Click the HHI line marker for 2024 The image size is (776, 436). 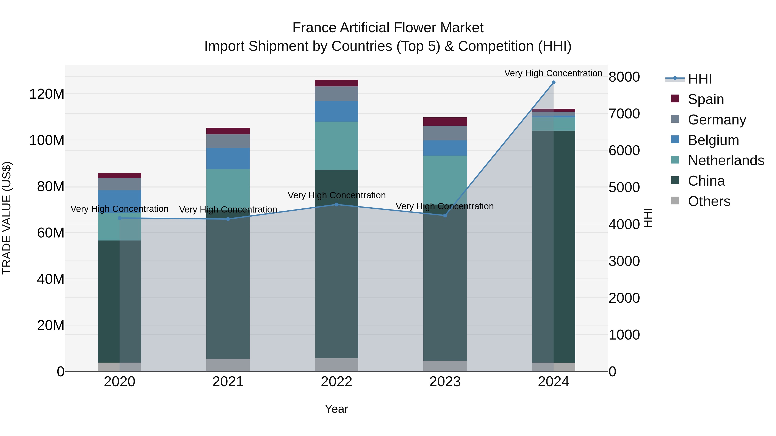[553, 82]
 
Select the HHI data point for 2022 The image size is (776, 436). [336, 205]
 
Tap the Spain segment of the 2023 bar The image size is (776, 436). [445, 122]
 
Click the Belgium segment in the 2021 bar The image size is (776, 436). [228, 158]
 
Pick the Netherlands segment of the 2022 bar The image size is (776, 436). [336, 146]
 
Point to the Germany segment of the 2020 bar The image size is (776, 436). [120, 184]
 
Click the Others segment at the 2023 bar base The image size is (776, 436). [445, 366]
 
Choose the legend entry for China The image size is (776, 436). [706, 181]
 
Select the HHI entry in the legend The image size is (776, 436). [699, 79]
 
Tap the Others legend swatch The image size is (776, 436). [675, 201]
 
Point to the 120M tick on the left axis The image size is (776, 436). [47, 94]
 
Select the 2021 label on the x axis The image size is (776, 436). [228, 382]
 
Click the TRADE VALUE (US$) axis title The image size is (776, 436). [7, 218]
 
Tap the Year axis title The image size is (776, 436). [336, 409]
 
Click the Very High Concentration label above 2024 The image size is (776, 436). [553, 73]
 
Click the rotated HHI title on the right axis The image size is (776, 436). [647, 218]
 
